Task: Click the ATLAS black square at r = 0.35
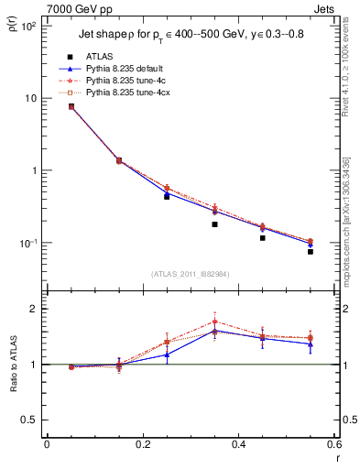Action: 214,224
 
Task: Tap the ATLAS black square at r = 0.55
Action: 311,251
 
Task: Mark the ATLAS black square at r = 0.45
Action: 263,238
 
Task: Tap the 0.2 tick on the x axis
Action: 142,444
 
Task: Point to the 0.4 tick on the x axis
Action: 238,444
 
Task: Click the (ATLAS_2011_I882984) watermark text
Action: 191,274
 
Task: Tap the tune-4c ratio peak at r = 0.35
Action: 214,322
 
